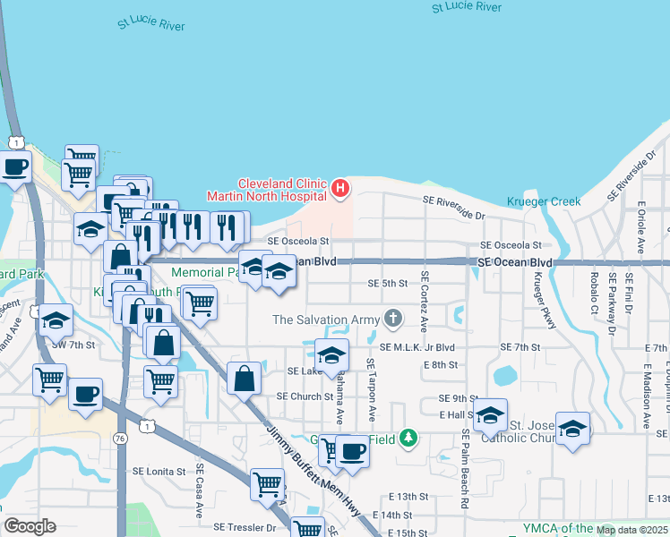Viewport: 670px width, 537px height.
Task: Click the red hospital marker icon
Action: tap(340, 188)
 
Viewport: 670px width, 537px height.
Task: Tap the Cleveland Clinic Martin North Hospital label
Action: tap(279, 189)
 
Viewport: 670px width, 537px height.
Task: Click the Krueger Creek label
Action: tap(544, 201)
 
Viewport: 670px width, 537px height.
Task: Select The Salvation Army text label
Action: tap(325, 320)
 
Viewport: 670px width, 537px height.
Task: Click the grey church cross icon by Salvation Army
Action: tap(392, 318)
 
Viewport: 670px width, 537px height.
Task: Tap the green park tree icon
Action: tap(408, 438)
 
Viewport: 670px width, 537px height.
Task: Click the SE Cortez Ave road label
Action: tap(425, 301)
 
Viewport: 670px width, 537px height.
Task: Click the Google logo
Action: tap(30, 526)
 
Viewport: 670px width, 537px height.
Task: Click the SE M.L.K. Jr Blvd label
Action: tap(417, 347)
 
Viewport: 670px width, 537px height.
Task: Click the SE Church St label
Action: tap(305, 396)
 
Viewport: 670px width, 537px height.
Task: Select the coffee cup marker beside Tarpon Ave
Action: tap(352, 453)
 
